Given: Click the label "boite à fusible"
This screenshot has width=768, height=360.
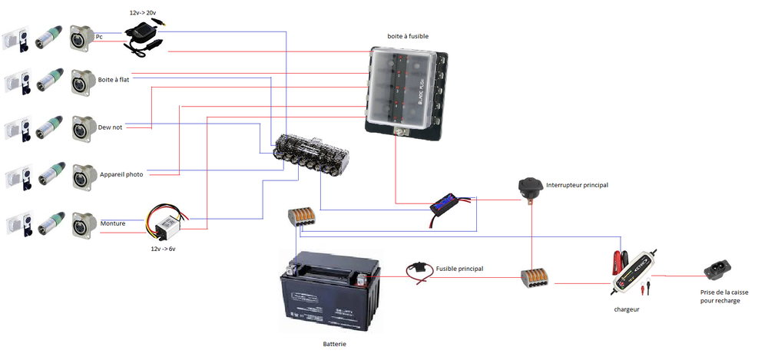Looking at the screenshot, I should [x=408, y=36].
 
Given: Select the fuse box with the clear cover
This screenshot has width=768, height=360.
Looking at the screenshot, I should [x=407, y=91].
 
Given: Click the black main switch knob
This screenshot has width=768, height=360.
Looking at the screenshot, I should [x=530, y=187].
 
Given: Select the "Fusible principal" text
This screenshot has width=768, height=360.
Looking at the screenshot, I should [x=460, y=269].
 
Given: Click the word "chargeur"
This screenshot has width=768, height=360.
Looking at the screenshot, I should [x=627, y=309].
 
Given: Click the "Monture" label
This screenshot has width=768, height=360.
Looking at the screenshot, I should [x=113, y=223].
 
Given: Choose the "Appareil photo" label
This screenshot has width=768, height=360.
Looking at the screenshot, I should [x=121, y=174].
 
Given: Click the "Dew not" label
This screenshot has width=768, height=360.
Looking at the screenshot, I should [x=111, y=127].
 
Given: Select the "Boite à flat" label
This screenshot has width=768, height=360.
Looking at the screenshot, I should [x=114, y=79].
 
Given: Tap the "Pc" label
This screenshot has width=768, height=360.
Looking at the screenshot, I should [x=99, y=35].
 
